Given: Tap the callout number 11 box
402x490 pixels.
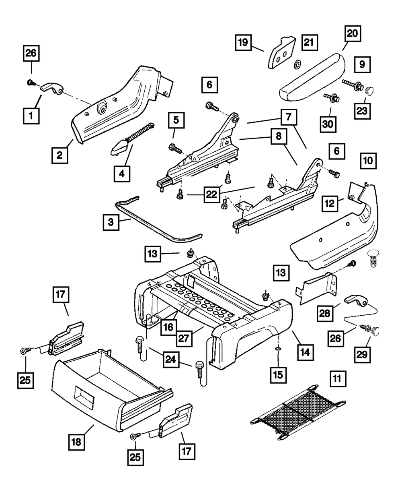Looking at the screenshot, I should point(338,379).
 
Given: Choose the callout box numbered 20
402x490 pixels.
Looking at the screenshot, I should point(353,33).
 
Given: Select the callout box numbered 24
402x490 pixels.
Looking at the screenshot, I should point(172,360).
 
